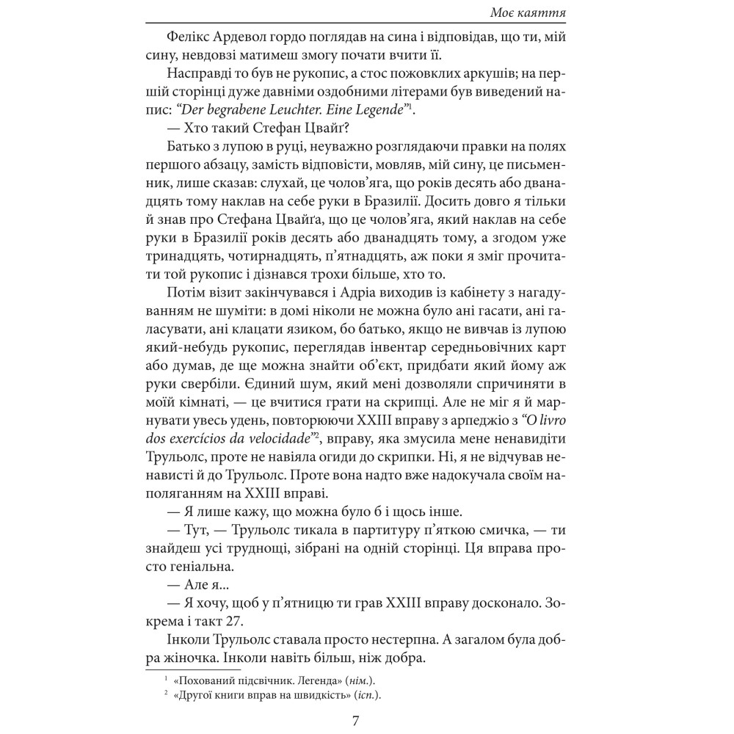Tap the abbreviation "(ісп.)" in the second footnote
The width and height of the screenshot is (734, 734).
pos(371,695)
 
